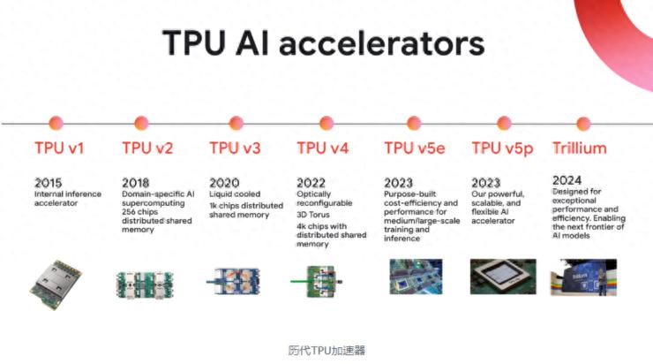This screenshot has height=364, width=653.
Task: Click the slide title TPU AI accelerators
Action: (x=323, y=43)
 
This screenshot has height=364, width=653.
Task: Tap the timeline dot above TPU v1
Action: (x=56, y=123)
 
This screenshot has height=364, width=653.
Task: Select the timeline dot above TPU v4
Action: (x=326, y=123)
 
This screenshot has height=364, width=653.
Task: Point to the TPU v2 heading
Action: (x=148, y=148)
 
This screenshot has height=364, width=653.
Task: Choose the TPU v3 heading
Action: (x=235, y=148)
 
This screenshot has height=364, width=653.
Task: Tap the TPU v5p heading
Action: (x=503, y=148)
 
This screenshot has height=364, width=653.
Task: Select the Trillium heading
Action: (x=579, y=148)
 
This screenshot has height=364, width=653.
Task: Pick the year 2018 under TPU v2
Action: (x=136, y=182)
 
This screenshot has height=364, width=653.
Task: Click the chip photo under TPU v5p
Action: (x=502, y=277)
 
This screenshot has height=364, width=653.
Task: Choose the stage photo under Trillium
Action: (x=584, y=277)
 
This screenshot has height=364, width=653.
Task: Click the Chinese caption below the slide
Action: (x=326, y=350)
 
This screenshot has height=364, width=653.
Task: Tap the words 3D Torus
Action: (x=312, y=213)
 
